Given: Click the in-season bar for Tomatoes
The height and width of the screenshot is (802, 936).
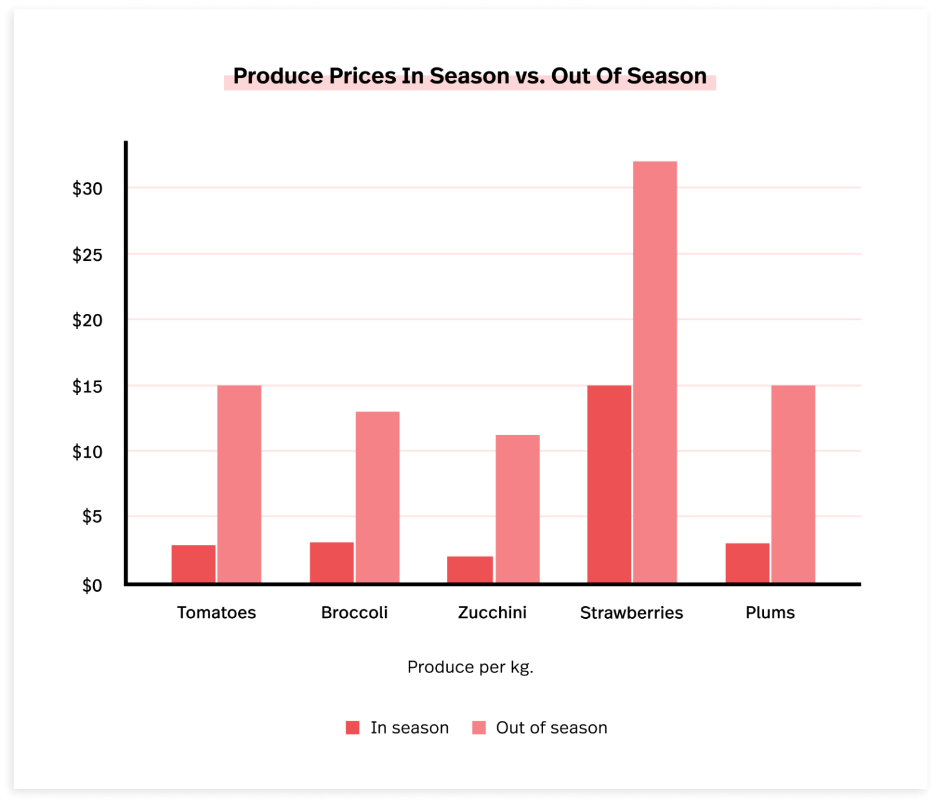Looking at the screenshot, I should (x=193, y=564).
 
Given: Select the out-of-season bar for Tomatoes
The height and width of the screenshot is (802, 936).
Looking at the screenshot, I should (x=239, y=484).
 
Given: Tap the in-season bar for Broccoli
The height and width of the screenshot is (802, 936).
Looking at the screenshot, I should (x=331, y=563).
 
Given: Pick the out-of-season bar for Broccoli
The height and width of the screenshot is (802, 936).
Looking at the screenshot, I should (x=377, y=497).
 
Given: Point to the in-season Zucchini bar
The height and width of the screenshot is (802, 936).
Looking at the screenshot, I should (x=470, y=569).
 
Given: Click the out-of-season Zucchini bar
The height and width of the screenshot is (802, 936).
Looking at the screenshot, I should (x=517, y=509).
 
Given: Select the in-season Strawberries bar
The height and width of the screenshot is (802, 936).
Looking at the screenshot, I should (x=609, y=484).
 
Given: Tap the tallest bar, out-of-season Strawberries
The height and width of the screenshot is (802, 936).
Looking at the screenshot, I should (x=655, y=372).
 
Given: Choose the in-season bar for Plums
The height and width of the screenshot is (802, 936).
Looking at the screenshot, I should (x=747, y=563).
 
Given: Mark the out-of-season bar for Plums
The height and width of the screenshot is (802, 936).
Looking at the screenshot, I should (x=793, y=484).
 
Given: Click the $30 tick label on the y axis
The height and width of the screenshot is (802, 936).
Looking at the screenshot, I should (x=87, y=189).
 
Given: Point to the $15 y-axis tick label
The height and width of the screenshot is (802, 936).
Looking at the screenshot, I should (x=87, y=387).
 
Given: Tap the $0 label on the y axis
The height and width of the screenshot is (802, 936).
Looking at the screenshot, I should (x=92, y=585).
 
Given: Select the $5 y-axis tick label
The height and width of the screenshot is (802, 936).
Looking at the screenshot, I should (x=92, y=517).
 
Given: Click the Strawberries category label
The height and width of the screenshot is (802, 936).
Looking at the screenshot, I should (x=631, y=613).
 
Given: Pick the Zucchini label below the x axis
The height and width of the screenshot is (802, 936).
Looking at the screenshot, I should (x=492, y=613).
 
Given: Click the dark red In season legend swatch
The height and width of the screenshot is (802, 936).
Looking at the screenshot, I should (x=353, y=727).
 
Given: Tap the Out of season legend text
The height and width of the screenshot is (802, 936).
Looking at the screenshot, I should (x=551, y=727).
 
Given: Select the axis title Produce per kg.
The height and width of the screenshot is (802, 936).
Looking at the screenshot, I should (x=470, y=667).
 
